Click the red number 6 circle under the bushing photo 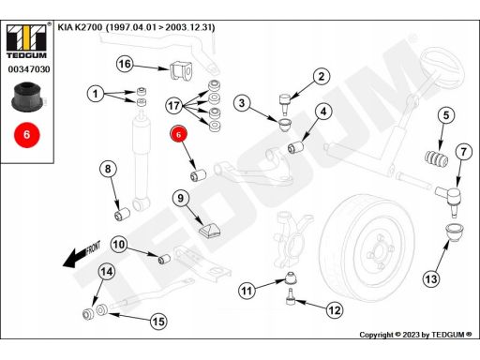tap(27, 135)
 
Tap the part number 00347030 tap(29, 69)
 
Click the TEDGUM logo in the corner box tap(27, 40)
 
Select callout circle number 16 tap(125, 64)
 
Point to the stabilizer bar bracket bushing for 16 tap(181, 70)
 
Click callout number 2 tap(322, 76)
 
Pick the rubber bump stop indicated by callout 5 tap(437, 158)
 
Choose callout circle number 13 tap(431, 278)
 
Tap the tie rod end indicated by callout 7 tap(449, 199)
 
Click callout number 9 tap(181, 198)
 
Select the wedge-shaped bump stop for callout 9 tap(209, 230)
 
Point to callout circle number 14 tap(107, 272)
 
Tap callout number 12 tap(335, 310)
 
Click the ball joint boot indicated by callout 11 tap(292, 277)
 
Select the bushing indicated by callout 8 tap(122, 214)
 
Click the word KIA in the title tap(65, 27)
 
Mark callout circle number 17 tap(174, 106)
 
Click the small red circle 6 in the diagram tap(178, 134)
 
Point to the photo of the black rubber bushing tap(27, 96)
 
